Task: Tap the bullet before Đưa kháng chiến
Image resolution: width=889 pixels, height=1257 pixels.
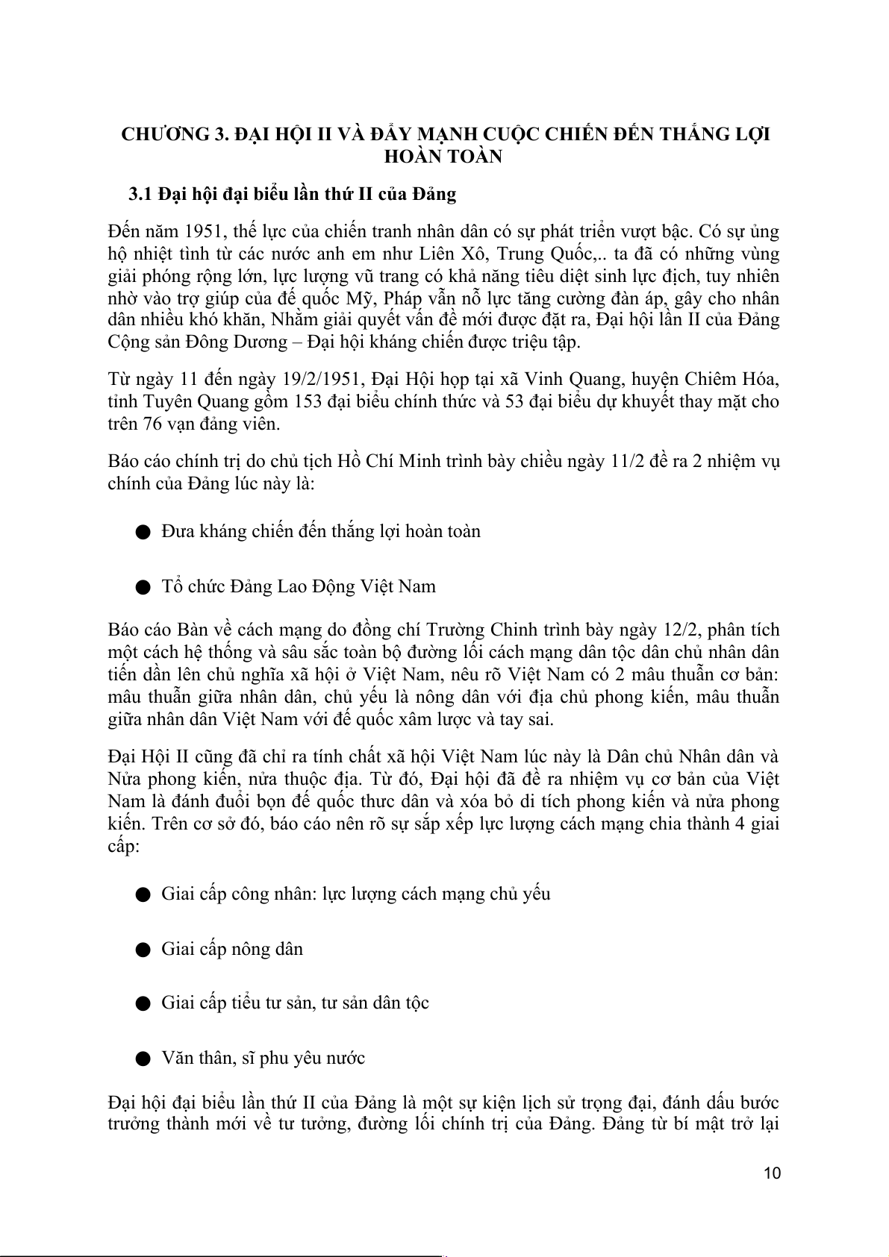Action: click(143, 532)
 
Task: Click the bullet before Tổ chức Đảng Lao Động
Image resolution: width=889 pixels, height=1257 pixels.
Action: click(143, 587)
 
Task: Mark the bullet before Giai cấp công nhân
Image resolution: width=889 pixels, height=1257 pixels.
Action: click(143, 894)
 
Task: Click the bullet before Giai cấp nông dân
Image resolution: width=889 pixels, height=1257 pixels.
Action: click(143, 950)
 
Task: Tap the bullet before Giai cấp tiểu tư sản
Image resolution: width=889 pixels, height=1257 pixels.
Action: click(143, 1003)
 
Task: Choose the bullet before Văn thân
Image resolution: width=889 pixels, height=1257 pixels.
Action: click(143, 1059)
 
